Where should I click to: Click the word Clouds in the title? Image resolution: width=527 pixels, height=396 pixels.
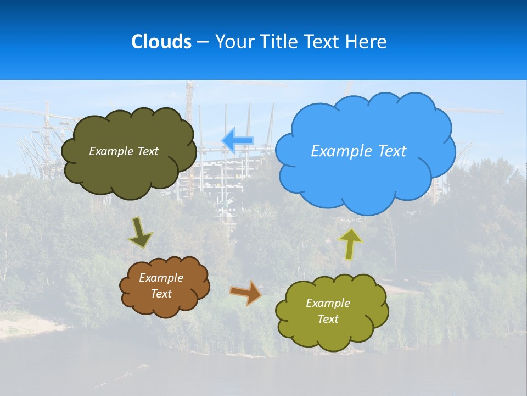point(161,42)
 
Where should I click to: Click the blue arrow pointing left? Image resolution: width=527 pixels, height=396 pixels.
point(237,140)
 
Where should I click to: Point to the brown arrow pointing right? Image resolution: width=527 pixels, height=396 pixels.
point(245,293)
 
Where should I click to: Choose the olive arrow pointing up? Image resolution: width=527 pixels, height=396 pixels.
point(350,244)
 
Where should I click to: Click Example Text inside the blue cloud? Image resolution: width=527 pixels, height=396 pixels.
point(358,151)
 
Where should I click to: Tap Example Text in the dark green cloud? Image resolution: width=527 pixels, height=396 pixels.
point(124,151)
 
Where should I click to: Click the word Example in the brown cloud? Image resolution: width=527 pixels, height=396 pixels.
point(161,278)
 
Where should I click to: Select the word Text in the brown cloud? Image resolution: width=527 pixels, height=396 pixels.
point(161,294)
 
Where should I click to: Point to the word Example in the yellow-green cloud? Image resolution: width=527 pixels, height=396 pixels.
point(328,303)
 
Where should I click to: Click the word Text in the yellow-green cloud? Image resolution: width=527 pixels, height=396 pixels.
point(328,319)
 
